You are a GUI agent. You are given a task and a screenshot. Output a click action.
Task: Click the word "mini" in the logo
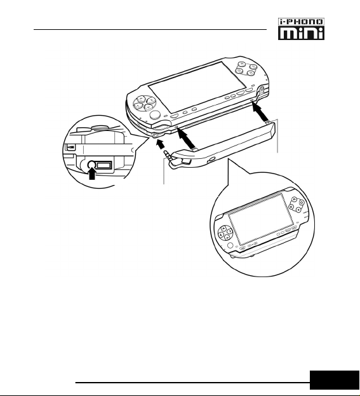point(301,33)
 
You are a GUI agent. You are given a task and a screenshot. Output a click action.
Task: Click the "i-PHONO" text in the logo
point(301,22)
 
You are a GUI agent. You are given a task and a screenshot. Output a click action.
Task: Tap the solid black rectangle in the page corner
point(335,380)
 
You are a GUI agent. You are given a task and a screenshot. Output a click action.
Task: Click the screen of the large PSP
point(193,87)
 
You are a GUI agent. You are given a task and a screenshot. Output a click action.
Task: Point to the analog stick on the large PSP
point(155,115)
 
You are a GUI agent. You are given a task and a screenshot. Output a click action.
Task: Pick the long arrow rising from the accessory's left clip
point(186,139)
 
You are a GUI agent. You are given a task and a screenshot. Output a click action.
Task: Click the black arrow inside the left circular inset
point(92,174)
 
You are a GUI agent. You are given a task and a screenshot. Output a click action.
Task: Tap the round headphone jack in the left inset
point(91,165)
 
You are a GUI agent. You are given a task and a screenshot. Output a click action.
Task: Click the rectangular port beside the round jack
point(103,165)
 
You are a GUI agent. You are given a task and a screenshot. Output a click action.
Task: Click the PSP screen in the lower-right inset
point(261,219)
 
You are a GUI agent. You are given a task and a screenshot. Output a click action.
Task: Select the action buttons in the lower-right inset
point(296,204)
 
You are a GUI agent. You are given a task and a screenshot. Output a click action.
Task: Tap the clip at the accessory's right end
point(268,123)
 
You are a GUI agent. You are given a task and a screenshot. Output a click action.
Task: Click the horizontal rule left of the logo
point(150,29)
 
